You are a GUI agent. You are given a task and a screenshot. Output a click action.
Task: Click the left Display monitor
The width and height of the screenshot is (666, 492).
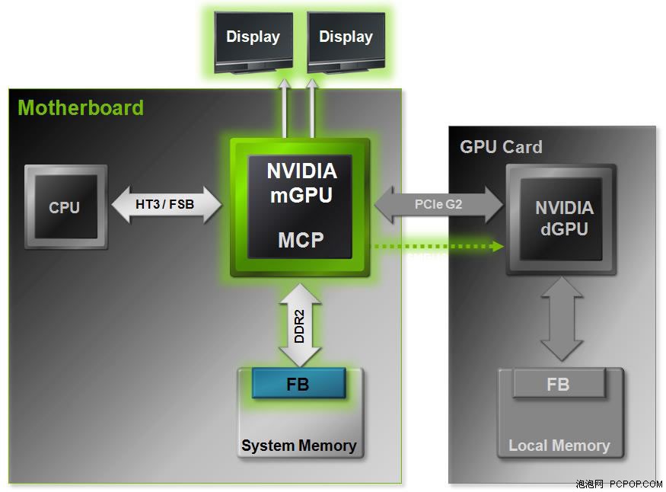[253, 43]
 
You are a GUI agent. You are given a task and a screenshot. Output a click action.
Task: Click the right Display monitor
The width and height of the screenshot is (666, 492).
[346, 43]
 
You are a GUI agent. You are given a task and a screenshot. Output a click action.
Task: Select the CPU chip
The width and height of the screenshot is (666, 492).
[65, 206]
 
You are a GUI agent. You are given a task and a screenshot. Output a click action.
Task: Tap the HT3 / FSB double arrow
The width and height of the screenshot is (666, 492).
[167, 205]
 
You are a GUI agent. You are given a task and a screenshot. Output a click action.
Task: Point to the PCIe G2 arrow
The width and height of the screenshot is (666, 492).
[438, 205]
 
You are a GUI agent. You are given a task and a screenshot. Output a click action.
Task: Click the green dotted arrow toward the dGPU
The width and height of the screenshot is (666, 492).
[438, 246]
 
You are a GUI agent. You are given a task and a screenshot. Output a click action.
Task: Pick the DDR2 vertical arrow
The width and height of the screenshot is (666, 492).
[300, 325]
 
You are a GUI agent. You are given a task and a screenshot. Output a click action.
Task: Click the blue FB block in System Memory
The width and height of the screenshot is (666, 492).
[298, 384]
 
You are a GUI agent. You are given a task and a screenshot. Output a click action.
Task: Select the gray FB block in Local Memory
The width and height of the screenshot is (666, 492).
[559, 384]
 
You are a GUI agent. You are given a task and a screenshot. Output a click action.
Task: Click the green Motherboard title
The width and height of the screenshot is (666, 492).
[81, 107]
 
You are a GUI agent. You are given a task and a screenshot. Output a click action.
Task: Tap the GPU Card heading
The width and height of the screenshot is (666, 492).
[501, 147]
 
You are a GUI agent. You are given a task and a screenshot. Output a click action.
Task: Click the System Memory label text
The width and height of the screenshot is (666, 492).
[299, 446]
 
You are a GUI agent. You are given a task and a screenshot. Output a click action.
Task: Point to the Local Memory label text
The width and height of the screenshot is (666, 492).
[559, 446]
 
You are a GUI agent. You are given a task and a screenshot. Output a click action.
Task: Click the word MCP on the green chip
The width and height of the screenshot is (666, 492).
[301, 240]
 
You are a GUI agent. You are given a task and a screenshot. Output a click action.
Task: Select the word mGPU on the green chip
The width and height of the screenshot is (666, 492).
[301, 196]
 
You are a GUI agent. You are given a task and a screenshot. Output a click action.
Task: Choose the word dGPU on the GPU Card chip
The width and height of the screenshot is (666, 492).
[565, 229]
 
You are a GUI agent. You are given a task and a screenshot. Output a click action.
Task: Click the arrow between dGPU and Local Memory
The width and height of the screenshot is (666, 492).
[562, 319]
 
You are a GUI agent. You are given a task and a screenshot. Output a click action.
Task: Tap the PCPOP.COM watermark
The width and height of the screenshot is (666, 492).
[636, 484]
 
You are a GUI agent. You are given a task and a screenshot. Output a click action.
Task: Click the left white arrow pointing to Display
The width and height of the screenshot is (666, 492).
[285, 108]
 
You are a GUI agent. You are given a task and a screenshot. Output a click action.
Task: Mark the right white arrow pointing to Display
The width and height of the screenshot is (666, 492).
[312, 108]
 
